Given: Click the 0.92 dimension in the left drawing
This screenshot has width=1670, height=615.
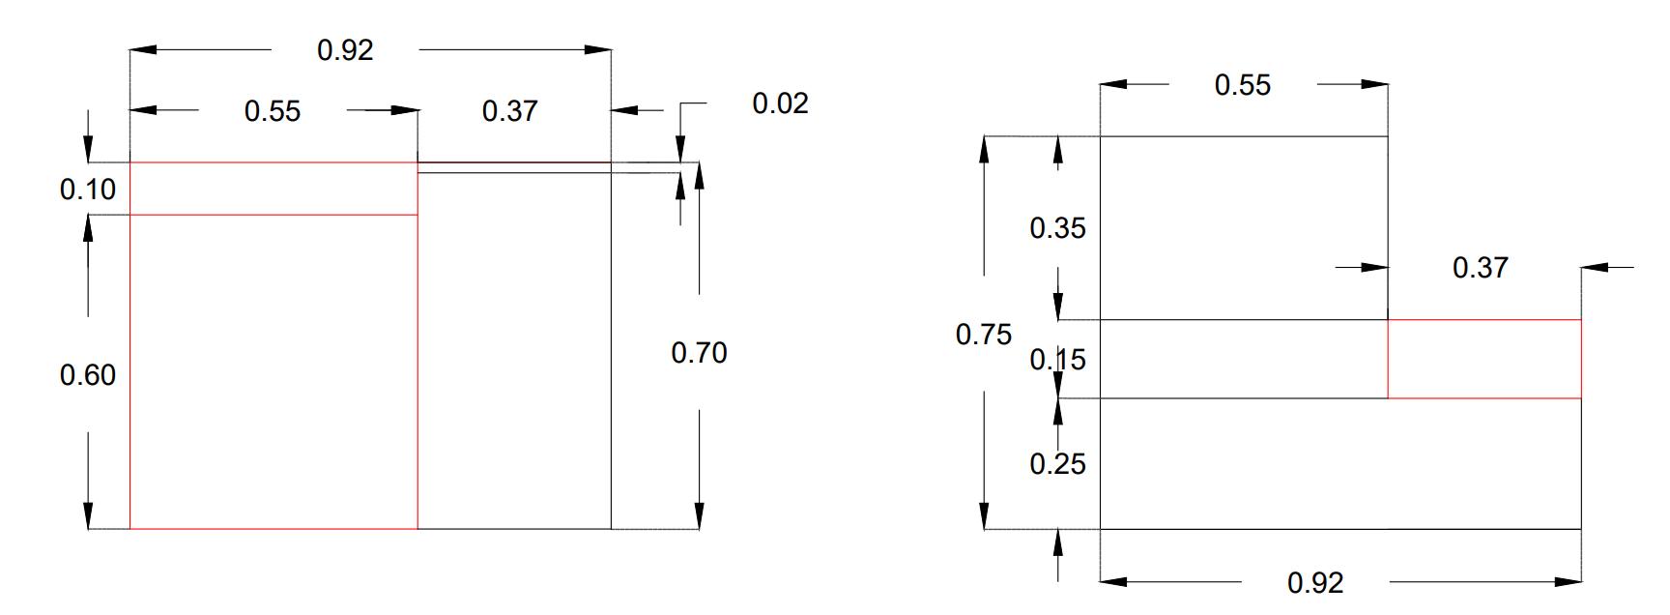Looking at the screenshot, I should pyautogui.click(x=345, y=50).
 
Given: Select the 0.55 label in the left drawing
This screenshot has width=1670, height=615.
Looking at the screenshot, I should pyautogui.click(x=273, y=111).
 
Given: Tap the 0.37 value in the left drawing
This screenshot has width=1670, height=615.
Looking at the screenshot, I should pyautogui.click(x=509, y=111).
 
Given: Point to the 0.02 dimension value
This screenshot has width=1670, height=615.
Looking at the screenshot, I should pyautogui.click(x=780, y=103).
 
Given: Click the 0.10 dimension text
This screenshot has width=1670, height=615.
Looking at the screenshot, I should pyautogui.click(x=88, y=190).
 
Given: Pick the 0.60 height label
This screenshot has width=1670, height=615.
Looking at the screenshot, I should pyautogui.click(x=88, y=375).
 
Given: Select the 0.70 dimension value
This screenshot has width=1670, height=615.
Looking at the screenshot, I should pyautogui.click(x=699, y=353).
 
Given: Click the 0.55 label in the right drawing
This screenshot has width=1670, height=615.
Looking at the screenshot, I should pyautogui.click(x=1243, y=85).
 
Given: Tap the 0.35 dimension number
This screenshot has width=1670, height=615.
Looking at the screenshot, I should pyautogui.click(x=1057, y=228).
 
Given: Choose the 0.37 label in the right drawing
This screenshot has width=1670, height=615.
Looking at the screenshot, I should pyautogui.click(x=1480, y=268).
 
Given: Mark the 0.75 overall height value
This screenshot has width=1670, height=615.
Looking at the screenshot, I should pyautogui.click(x=984, y=335).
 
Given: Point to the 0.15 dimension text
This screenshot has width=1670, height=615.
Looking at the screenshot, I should pyautogui.click(x=1057, y=360).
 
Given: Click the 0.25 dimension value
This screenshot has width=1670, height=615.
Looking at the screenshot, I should pyautogui.click(x=1057, y=464).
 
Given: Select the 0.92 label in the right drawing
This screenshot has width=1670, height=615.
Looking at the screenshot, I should pyautogui.click(x=1315, y=583).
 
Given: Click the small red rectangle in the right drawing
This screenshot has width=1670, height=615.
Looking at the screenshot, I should pyautogui.click(x=1484, y=359).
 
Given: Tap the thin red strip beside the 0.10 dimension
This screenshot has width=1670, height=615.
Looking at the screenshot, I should pyautogui.click(x=274, y=189).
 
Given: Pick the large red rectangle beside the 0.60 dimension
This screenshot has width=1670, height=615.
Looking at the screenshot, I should pyautogui.click(x=274, y=372).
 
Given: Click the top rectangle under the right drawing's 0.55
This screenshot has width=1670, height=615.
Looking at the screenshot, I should pyautogui.click(x=1244, y=228).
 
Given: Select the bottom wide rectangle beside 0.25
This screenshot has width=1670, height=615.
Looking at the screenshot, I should pyautogui.click(x=1340, y=464).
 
